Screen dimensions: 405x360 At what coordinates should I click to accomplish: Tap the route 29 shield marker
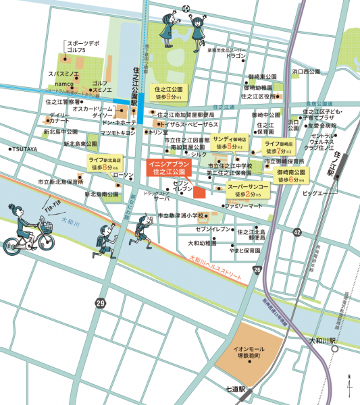pos(100,304)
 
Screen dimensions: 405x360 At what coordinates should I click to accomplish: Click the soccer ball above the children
pos(186,9)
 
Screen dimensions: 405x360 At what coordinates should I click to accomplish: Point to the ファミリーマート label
pos(243,205)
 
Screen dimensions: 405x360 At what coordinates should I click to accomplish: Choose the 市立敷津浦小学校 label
pos(184,215)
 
